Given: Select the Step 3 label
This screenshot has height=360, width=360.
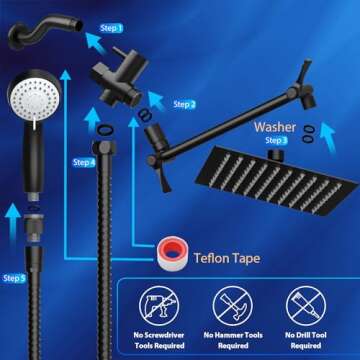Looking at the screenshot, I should click(276, 141).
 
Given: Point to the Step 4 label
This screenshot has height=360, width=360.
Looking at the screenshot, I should click(85, 162).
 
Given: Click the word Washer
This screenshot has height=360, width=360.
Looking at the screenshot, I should click(274, 127).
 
